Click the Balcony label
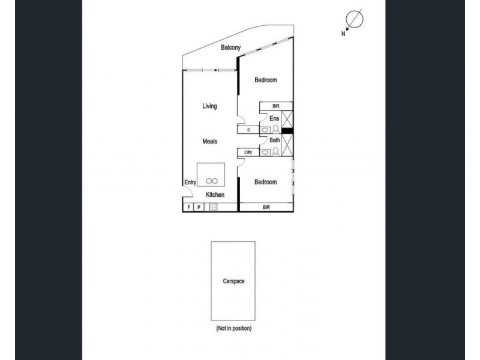click(x=231, y=47)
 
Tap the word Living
click(x=209, y=106)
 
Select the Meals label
click(x=209, y=141)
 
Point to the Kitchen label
click(x=215, y=195)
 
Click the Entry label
click(x=190, y=183)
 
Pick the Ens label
click(x=274, y=119)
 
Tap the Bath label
click(x=274, y=140)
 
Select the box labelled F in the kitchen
click(x=188, y=208)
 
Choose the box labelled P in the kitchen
click(x=199, y=208)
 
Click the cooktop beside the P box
click(x=212, y=208)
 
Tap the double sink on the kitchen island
click(x=211, y=180)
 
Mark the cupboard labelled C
click(x=248, y=129)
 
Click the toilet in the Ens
click(x=276, y=128)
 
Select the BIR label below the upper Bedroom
click(x=275, y=106)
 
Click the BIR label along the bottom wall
click(x=265, y=208)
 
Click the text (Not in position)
click(x=233, y=329)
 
